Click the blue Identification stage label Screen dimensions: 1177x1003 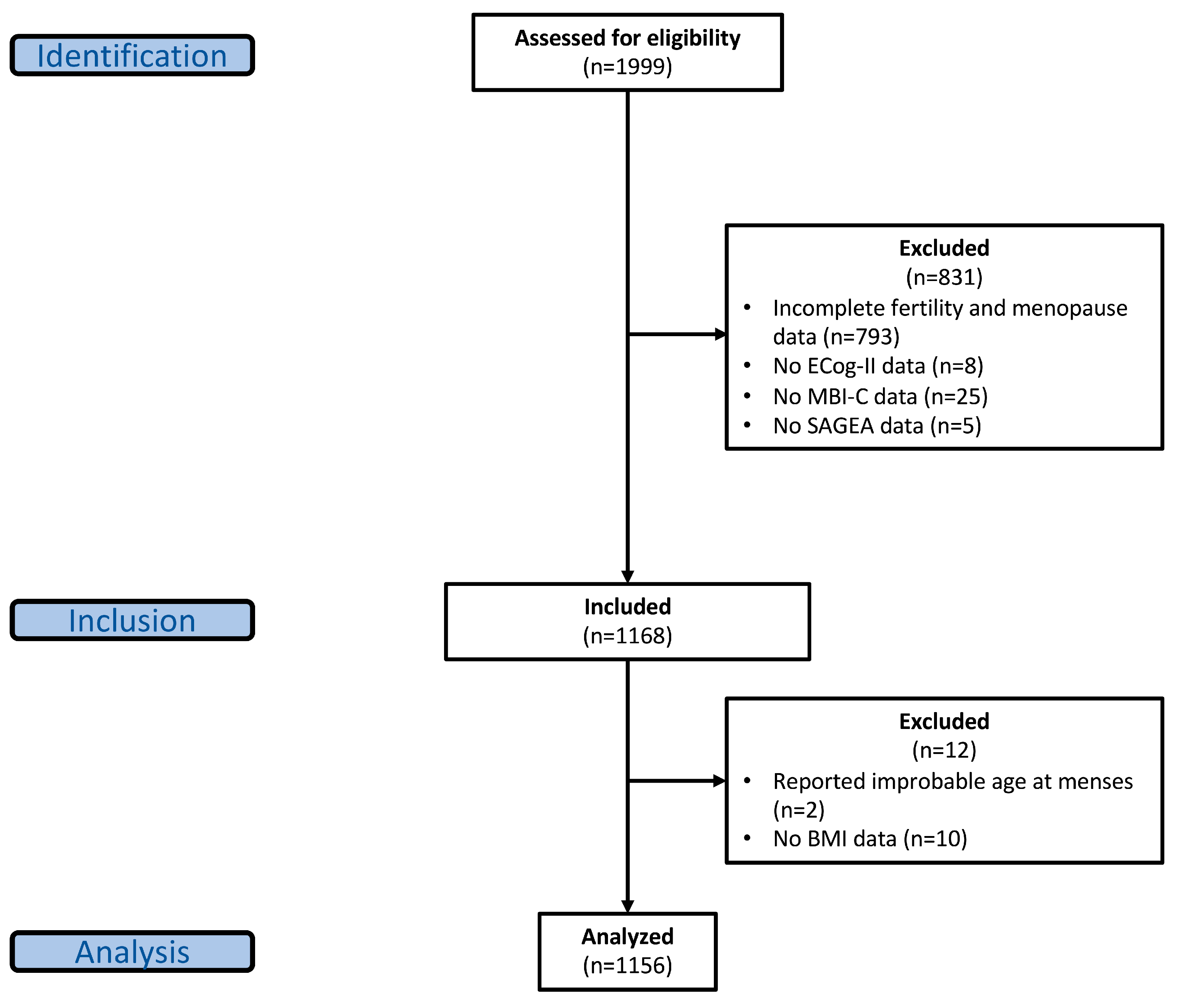(132, 55)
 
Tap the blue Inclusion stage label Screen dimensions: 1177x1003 (132, 620)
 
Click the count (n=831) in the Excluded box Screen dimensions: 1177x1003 (944, 277)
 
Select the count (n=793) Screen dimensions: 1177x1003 (862, 337)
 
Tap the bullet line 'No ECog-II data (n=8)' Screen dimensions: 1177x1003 (878, 366)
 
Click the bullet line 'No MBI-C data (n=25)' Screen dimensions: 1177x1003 (880, 396)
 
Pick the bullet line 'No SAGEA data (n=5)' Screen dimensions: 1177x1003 (877, 426)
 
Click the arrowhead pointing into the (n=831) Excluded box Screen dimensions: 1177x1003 (720, 334)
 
